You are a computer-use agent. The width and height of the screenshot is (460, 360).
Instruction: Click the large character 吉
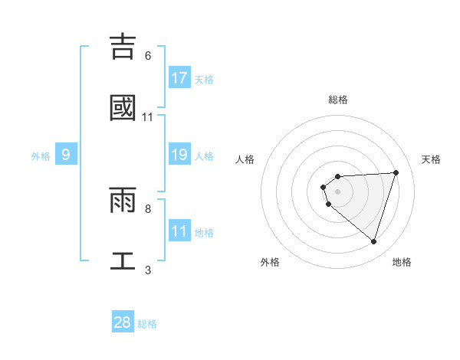pos(123,47)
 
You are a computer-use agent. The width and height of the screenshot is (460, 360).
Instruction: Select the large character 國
pos(123,108)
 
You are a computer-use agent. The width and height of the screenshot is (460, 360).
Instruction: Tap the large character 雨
pos(123,200)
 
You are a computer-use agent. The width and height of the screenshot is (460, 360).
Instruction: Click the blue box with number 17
pos(179,78)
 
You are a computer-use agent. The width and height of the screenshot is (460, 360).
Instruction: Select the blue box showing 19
pos(179,155)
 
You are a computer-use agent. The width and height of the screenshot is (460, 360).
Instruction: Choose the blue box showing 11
pos(179,231)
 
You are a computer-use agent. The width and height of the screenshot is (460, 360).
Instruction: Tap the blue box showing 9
pos(66,155)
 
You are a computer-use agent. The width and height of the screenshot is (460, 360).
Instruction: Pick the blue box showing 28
pos(123,322)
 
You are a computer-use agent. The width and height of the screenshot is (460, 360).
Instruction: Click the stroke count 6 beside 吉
pos(147,56)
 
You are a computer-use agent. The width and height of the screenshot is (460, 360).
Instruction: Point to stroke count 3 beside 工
pos(147,270)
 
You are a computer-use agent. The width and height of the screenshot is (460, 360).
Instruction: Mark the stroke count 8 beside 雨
pos(147,208)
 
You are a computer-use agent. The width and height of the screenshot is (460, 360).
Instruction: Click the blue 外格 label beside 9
pos(41,156)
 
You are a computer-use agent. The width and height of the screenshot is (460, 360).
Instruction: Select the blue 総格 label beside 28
pos(147,324)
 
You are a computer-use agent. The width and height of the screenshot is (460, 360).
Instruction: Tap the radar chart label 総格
pos(338,100)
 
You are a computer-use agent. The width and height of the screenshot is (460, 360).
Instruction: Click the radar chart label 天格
pos(432,159)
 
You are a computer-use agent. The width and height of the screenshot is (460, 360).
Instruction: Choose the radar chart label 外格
pos(270,262)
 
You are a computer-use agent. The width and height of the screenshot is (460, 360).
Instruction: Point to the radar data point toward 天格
pos(396,172)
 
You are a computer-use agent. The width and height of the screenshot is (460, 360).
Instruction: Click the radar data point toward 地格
pos(373,242)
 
